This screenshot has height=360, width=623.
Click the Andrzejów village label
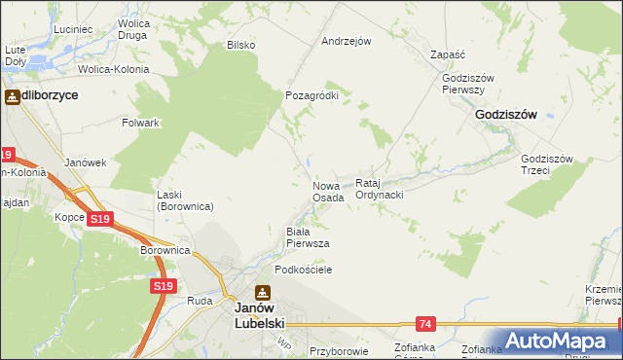347,42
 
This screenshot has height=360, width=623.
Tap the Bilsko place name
240,45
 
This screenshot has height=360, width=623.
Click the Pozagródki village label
311,95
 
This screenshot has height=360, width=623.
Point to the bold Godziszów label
506,114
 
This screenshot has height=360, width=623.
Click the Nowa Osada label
328,192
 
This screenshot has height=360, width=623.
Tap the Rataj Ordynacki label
379,189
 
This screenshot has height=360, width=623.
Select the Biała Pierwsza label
307,236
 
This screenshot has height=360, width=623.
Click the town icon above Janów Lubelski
263,293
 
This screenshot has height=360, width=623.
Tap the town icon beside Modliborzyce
13,96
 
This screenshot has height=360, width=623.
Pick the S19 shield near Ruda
163,286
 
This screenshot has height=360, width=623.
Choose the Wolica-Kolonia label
114,69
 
